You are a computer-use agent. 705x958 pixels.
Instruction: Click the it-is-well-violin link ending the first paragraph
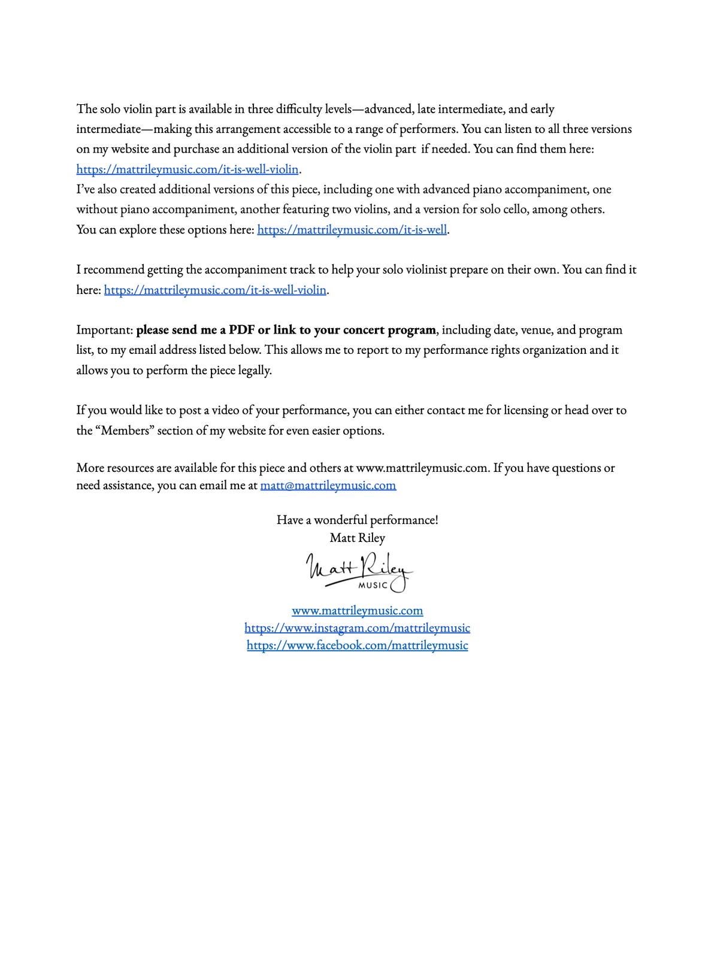point(187,169)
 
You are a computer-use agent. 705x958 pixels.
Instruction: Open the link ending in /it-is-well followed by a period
point(352,230)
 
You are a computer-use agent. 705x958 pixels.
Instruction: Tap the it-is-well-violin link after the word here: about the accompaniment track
point(215,290)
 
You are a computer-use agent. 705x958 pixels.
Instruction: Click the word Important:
point(104,330)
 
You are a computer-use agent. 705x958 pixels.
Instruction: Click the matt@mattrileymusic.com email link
point(328,486)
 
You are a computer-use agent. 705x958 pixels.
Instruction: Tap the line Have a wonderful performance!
point(357,520)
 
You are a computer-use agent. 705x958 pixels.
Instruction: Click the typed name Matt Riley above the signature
point(357,538)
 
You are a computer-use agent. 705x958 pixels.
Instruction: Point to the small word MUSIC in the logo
point(373,586)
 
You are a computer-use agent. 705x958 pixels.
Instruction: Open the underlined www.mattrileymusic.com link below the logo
point(357,611)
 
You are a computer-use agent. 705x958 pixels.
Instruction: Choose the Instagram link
point(357,628)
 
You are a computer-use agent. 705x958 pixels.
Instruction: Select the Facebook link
point(357,645)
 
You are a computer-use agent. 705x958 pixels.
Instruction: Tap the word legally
point(255,371)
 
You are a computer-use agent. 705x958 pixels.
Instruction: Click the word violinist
point(423,270)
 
